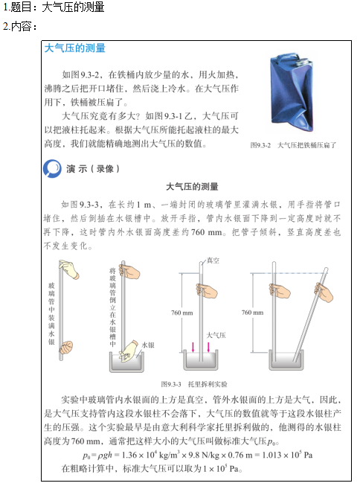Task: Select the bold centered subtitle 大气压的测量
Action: [197, 186]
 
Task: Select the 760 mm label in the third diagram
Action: [181, 313]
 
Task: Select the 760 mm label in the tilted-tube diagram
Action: [273, 313]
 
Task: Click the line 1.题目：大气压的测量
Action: [53, 7]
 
